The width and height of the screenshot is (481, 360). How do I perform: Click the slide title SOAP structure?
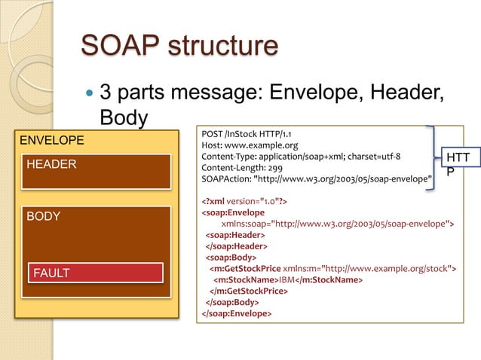(x=179, y=46)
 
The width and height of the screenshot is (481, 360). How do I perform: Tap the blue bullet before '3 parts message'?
(x=88, y=96)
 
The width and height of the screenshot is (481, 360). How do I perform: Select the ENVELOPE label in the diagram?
(x=51, y=140)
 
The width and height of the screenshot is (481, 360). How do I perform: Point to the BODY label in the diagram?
(x=43, y=217)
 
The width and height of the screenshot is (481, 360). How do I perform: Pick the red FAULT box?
(x=95, y=273)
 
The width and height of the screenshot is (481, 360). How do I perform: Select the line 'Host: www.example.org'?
(x=250, y=145)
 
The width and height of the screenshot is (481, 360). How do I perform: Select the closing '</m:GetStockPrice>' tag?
(x=250, y=291)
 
